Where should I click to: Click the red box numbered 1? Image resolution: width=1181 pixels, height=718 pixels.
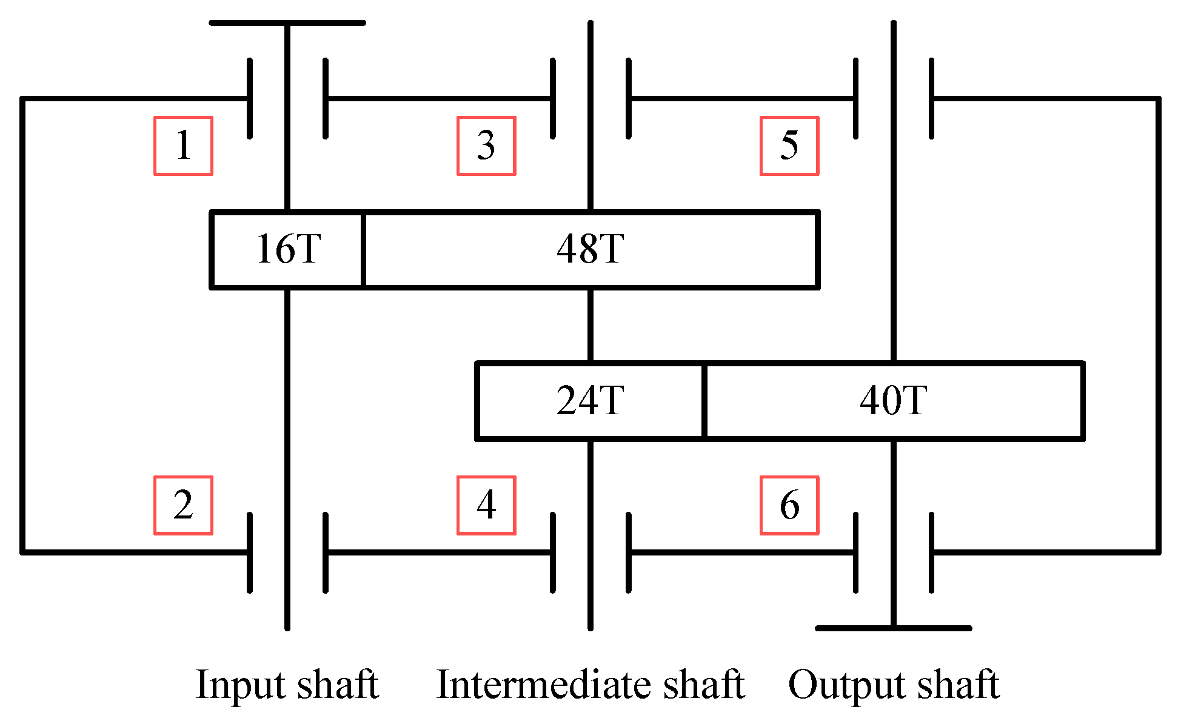pyautogui.click(x=183, y=146)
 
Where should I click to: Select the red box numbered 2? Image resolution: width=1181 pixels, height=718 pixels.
pyautogui.click(x=183, y=505)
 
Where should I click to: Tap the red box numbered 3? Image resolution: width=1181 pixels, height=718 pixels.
pyautogui.click(x=486, y=146)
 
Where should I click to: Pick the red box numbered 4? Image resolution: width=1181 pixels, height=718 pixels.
pyautogui.click(x=486, y=505)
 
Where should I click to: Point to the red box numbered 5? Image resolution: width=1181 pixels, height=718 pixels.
pyautogui.click(x=789, y=146)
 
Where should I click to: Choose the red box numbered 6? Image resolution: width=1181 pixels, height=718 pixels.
pyautogui.click(x=789, y=505)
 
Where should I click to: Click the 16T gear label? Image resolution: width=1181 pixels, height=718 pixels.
pyautogui.click(x=288, y=249)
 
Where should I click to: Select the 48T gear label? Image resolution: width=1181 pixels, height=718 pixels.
pyautogui.click(x=590, y=249)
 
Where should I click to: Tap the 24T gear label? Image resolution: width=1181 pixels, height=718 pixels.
pyautogui.click(x=590, y=401)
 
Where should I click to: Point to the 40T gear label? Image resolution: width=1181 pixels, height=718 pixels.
pyautogui.click(x=894, y=401)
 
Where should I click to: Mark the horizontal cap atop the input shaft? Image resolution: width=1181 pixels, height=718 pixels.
pyautogui.click(x=287, y=23)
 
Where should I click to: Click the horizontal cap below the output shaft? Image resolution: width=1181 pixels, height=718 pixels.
pyautogui.click(x=894, y=628)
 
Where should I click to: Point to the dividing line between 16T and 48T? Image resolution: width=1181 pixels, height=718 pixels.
pyautogui.click(x=363, y=249)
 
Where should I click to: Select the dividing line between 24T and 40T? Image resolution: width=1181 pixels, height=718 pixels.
pyautogui.click(x=704, y=401)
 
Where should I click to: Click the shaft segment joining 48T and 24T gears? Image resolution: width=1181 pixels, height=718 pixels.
pyautogui.click(x=590, y=326)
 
